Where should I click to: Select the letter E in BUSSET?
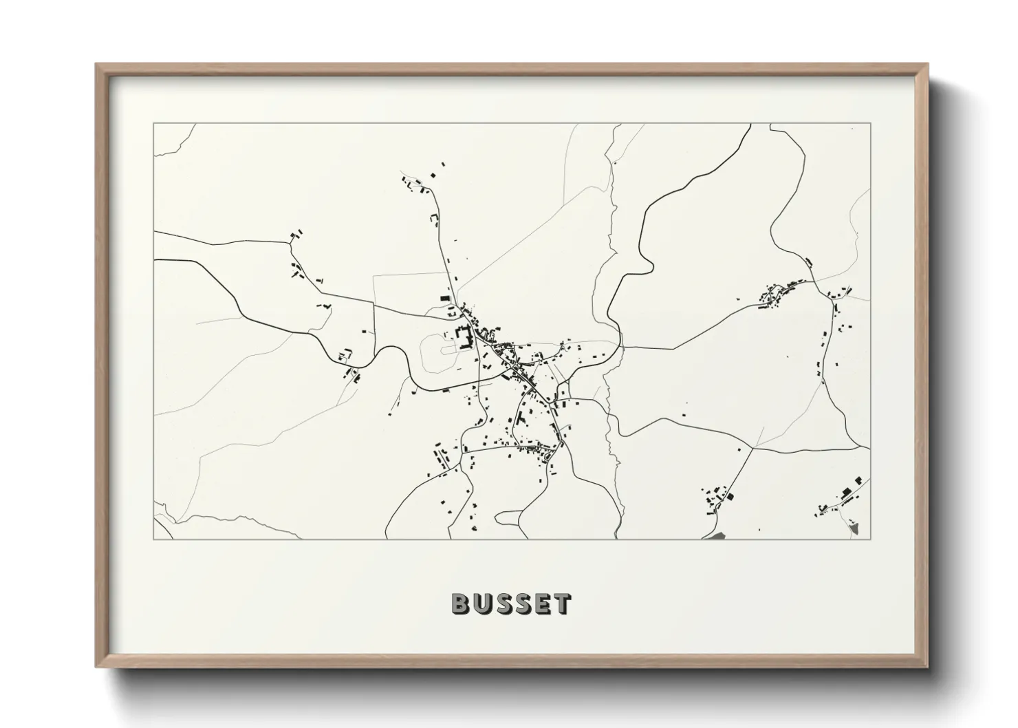click(542, 603)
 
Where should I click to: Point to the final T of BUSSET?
click(562, 603)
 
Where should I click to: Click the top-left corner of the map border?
click(154, 124)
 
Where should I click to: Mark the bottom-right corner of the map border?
click(870, 539)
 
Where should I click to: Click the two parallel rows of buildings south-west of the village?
click(440, 460)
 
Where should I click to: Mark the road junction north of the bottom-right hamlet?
click(753, 449)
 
